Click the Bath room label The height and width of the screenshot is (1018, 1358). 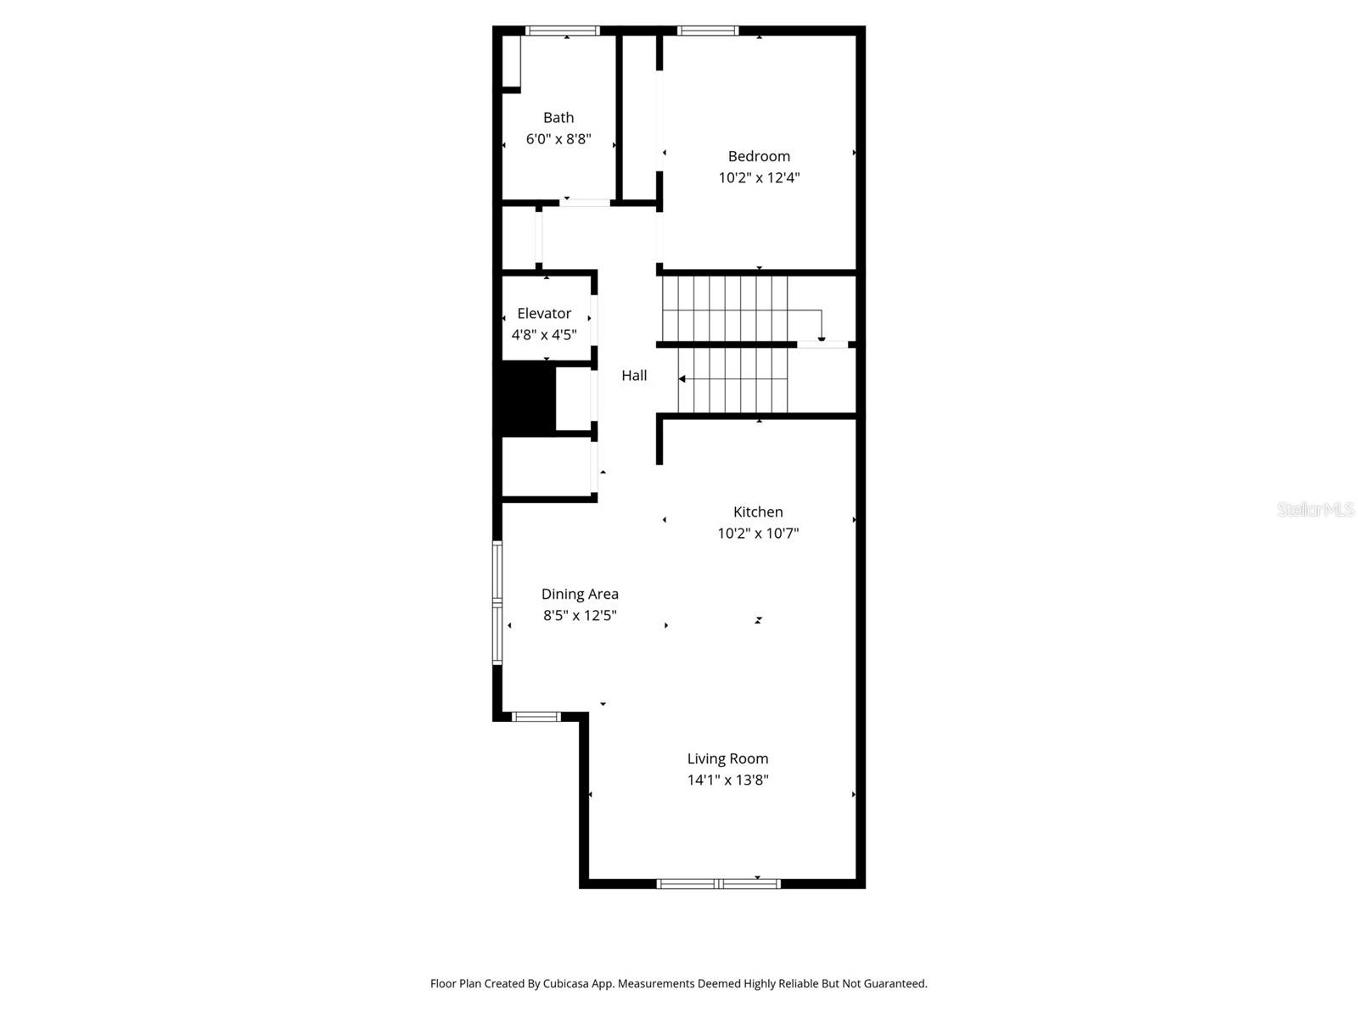[x=558, y=118]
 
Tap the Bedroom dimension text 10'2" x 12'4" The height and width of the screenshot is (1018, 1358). [x=759, y=177]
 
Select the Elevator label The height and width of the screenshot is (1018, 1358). [x=544, y=313]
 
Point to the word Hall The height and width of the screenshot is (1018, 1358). [x=634, y=375]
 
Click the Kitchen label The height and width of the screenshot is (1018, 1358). [x=758, y=512]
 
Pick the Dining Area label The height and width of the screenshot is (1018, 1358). [x=580, y=594]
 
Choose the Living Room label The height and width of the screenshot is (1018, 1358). [x=727, y=758]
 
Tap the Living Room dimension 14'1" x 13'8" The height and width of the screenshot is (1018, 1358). [x=727, y=780]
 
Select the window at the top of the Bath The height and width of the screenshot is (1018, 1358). [x=562, y=31]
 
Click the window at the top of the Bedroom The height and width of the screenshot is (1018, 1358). [x=707, y=31]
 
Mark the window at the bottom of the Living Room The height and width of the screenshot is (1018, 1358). [x=719, y=884]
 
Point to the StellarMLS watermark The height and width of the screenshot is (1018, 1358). [x=1315, y=509]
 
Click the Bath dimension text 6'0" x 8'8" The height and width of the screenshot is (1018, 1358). [x=558, y=139]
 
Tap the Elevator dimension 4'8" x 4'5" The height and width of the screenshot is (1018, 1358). [x=544, y=334]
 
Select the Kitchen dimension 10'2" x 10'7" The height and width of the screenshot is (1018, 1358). [x=758, y=533]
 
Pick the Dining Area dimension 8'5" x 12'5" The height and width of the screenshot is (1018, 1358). [x=580, y=615]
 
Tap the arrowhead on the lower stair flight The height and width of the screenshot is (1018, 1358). [x=682, y=379]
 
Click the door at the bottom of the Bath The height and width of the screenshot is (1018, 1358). [x=585, y=203]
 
